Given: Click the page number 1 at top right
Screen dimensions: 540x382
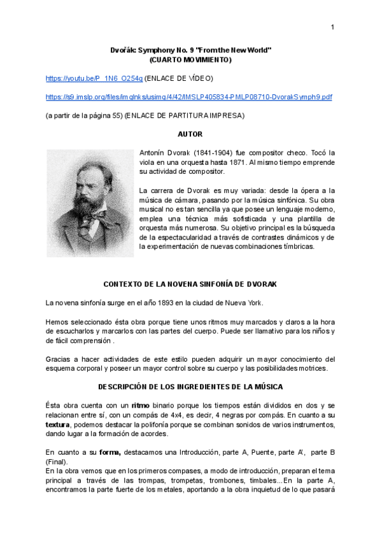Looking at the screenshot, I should (x=332, y=27).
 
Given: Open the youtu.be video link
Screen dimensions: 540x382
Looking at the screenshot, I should (x=94, y=78).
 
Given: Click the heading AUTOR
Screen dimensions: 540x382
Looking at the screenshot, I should (x=191, y=134).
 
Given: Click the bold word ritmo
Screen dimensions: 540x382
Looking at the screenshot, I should (x=141, y=405).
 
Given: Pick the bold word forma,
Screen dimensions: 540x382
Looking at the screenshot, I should (x=111, y=451).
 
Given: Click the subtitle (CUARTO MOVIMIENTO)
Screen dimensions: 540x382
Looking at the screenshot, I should (x=190, y=60).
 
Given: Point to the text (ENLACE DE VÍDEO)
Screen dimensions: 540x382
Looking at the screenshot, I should (x=179, y=78).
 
